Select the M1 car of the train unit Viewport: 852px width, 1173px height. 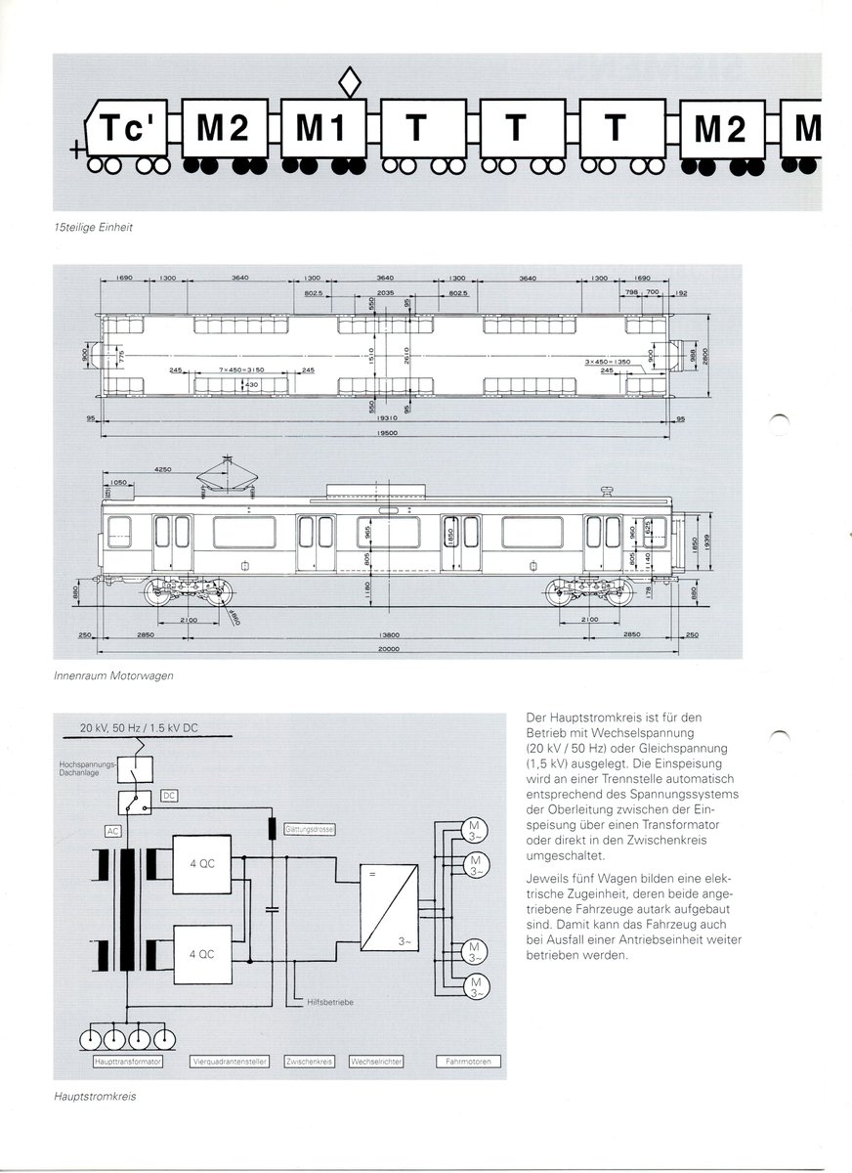(323, 128)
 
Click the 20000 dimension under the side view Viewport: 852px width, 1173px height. (392, 649)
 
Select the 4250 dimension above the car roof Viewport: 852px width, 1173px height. (162, 470)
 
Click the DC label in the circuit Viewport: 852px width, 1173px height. (169, 798)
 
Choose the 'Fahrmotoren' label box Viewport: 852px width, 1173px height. (473, 1062)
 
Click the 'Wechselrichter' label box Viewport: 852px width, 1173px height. (376, 1062)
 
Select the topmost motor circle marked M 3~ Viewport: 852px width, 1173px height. (475, 829)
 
